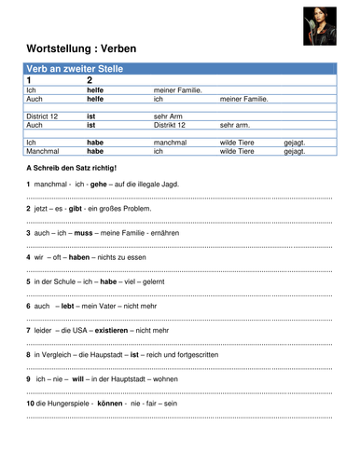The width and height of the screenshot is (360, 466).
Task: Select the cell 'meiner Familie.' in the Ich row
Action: click(178, 89)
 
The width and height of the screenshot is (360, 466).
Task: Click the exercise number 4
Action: click(29, 256)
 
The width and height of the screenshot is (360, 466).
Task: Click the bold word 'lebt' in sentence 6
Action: click(68, 305)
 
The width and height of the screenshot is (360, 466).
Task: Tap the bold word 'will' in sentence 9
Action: click(78, 378)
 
